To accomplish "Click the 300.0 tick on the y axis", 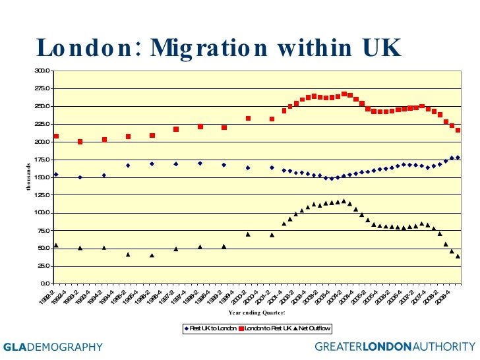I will [44, 71].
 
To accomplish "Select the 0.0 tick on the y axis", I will [46, 284].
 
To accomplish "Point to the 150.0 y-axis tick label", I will [44, 177].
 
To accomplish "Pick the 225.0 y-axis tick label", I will [44, 124].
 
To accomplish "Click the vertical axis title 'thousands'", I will [28, 176].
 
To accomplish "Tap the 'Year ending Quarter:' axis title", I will [256, 313].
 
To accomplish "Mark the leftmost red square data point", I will [56, 136].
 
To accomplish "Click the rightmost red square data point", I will [458, 131].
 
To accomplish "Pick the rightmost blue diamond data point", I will [458, 158].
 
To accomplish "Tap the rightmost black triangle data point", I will [458, 256].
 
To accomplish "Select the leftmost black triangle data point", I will [56, 245].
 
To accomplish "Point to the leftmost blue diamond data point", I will [56, 175].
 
